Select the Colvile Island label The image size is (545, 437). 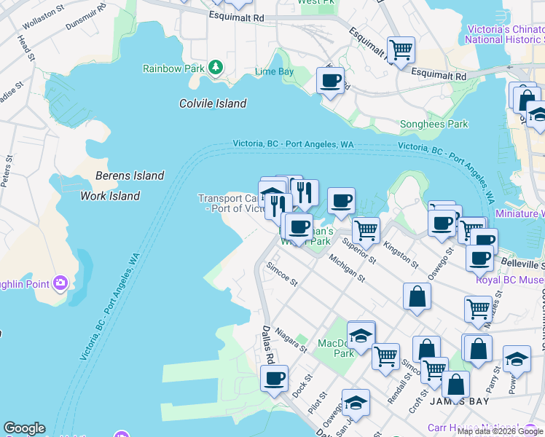point(213,103)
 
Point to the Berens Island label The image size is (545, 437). point(130,176)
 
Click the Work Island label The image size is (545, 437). point(109,196)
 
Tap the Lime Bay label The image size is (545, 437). point(275,72)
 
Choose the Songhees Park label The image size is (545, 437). point(434,125)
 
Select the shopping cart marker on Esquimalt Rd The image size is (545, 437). point(401,50)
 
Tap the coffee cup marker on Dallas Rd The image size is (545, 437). point(275,379)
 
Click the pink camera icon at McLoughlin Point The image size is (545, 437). point(60,282)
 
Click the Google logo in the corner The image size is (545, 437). point(24,428)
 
